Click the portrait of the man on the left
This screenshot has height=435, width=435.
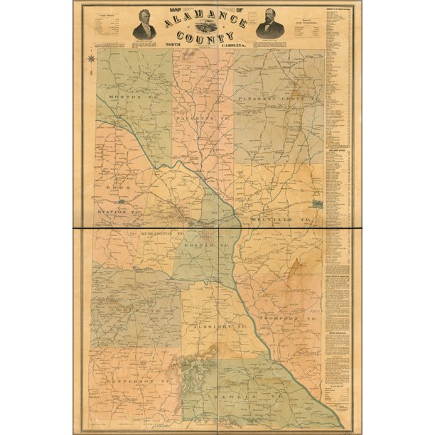tap(144, 24)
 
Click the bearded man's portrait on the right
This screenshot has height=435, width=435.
tap(269, 24)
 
